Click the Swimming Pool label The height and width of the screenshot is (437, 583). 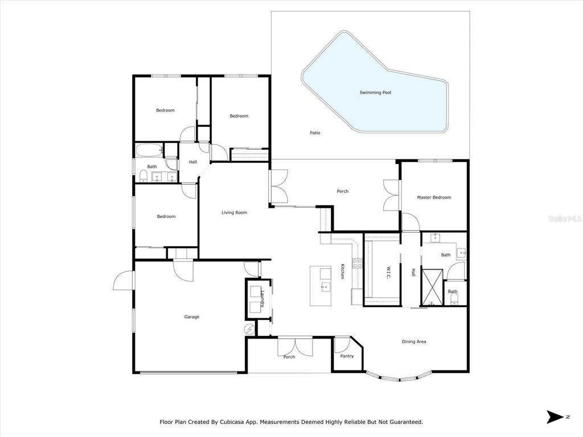pyautogui.click(x=375, y=93)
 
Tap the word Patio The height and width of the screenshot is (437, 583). pyautogui.click(x=315, y=133)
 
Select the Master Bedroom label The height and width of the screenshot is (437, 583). pyautogui.click(x=434, y=197)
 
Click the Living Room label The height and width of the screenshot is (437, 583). pyautogui.click(x=234, y=213)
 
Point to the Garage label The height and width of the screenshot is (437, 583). pyautogui.click(x=192, y=317)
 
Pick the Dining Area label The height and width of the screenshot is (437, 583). pyautogui.click(x=414, y=341)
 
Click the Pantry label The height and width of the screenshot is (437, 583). pyautogui.click(x=347, y=356)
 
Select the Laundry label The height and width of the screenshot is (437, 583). pyautogui.click(x=262, y=299)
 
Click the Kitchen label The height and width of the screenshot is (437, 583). pyautogui.click(x=342, y=271)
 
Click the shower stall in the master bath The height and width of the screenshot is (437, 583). pyautogui.click(x=432, y=287)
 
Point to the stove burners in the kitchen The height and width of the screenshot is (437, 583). pyautogui.click(x=357, y=263)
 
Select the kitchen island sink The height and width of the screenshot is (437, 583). pyautogui.click(x=325, y=287)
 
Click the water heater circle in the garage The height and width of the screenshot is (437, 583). pyautogui.click(x=249, y=328)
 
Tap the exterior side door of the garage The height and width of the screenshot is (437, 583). pyautogui.click(x=124, y=281)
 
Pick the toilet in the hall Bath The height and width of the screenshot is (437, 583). pyautogui.click(x=143, y=176)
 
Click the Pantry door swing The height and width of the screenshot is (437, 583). pyautogui.click(x=342, y=344)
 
